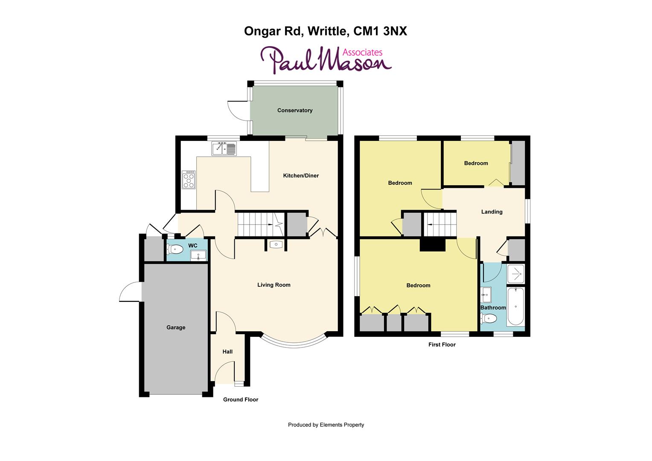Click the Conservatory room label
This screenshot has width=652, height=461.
[294, 111]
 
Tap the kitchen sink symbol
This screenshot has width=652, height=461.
[224, 149]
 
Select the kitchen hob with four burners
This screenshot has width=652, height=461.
[189, 180]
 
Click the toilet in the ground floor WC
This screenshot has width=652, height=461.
[175, 249]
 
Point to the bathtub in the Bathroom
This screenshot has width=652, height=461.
[515, 306]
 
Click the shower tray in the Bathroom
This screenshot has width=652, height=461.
[515, 274]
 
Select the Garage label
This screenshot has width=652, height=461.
[176, 327]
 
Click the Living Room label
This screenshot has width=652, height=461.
[274, 285]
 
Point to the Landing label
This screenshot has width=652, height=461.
[492, 212]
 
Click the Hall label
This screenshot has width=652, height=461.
[227, 352]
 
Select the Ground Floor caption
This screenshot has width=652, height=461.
[241, 400]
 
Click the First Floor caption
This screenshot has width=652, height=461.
[442, 345]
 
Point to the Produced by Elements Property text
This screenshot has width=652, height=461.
[326, 425]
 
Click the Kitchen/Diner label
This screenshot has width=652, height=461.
[301, 175]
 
